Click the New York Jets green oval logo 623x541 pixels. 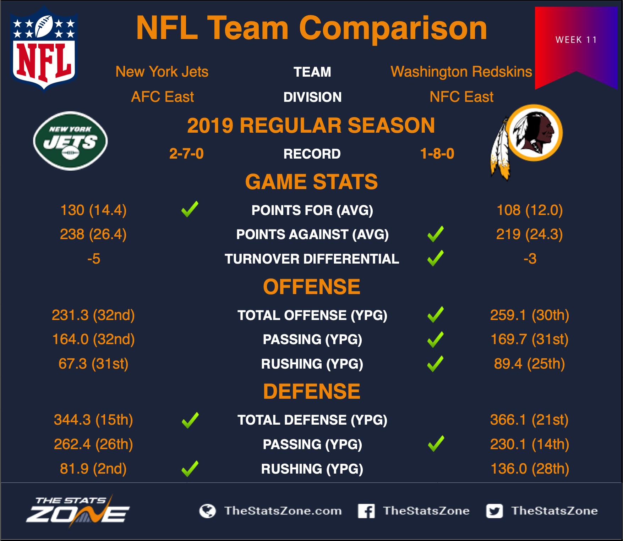tap(71, 141)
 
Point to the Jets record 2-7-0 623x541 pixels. tap(186, 154)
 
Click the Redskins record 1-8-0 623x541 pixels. tap(437, 154)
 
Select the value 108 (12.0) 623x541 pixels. tap(530, 210)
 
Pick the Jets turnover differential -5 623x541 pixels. tap(94, 259)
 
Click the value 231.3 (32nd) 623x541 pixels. tap(93, 315)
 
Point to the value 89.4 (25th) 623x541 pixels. tap(530, 364)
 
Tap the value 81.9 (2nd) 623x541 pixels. tap(93, 469)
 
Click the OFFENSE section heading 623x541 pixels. tap(312, 287)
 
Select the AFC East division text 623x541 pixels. tap(163, 96)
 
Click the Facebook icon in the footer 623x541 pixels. tap(366, 511)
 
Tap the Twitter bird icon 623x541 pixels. tap(494, 511)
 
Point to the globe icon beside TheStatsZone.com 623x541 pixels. tap(208, 511)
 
